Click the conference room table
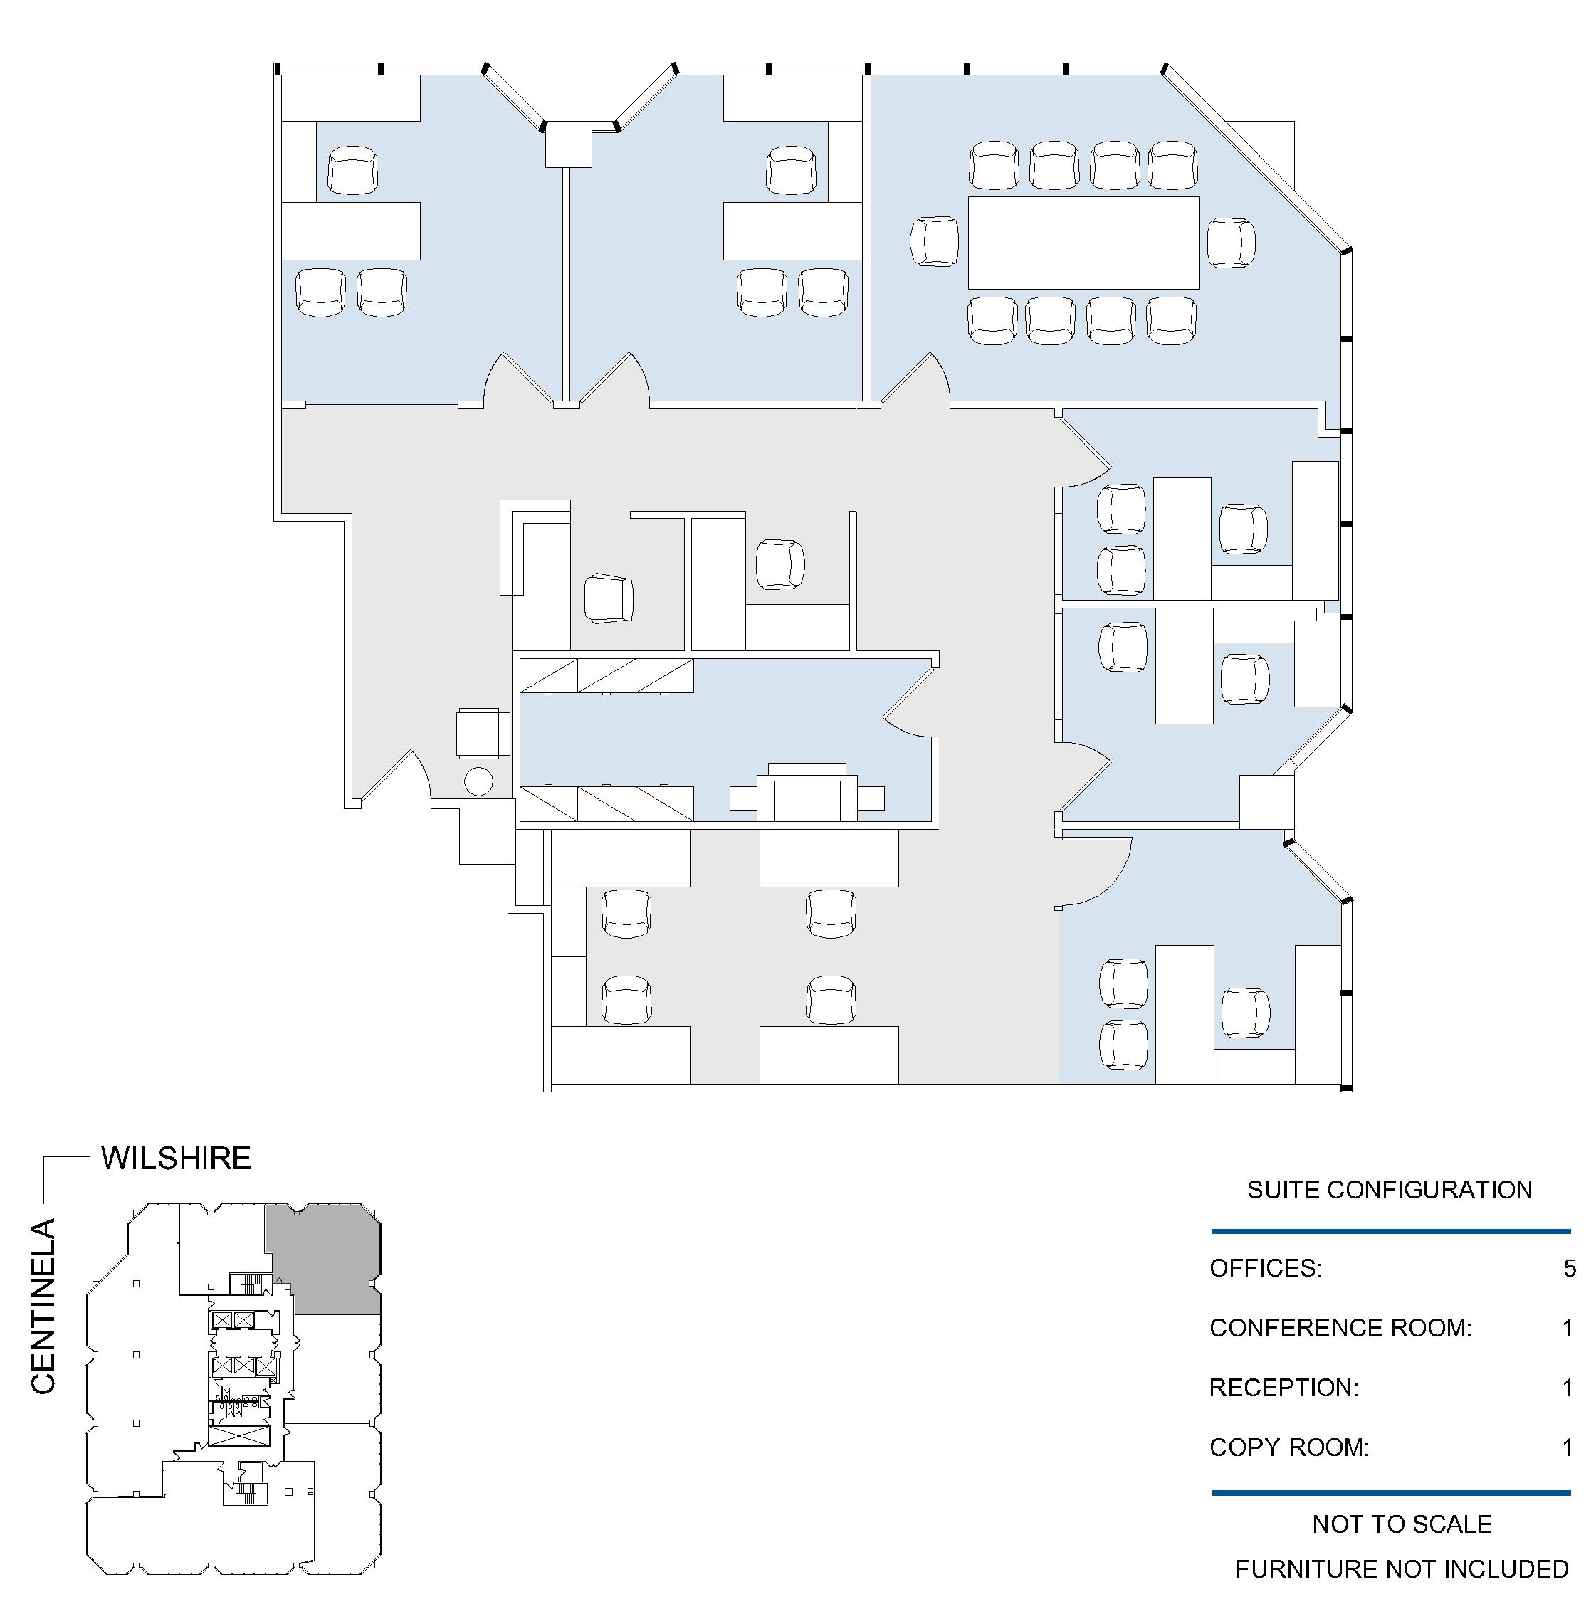(x=1083, y=243)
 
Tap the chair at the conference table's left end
(x=934, y=242)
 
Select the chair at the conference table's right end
(x=1232, y=243)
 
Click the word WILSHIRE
(x=176, y=1159)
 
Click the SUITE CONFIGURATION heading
(x=1390, y=1190)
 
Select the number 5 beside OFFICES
(x=1569, y=1269)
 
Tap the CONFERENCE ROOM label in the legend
(x=1340, y=1329)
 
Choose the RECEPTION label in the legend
(x=1283, y=1388)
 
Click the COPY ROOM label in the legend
(x=1288, y=1448)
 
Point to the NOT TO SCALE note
(x=1402, y=1524)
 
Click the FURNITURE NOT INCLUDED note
(x=1402, y=1569)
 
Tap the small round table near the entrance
(x=478, y=781)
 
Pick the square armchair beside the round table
(x=483, y=732)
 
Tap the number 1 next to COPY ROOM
(x=1568, y=1448)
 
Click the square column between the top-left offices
(x=568, y=144)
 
